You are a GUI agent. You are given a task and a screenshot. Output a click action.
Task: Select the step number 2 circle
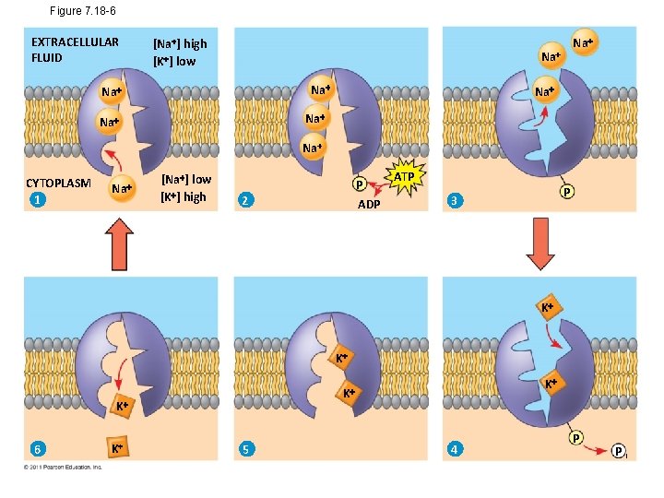(x=243, y=201)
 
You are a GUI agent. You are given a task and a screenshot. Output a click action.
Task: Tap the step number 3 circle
(x=453, y=201)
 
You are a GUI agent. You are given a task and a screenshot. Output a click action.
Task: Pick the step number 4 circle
(x=453, y=449)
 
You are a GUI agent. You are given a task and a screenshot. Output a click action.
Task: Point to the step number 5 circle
(x=244, y=449)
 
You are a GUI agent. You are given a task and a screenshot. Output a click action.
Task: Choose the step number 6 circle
(x=36, y=449)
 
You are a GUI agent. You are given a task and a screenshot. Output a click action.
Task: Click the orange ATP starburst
(x=404, y=176)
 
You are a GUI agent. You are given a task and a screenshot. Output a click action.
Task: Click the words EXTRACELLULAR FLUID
(x=74, y=50)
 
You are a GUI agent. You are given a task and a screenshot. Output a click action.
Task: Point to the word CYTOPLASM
(x=58, y=183)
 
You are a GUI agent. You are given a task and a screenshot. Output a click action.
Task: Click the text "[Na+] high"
(x=180, y=43)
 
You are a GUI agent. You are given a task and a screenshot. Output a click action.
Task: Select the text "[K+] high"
(x=184, y=196)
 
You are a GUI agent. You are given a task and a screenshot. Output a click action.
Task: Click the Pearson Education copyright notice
(x=63, y=467)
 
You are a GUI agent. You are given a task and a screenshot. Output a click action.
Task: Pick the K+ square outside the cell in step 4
(x=547, y=307)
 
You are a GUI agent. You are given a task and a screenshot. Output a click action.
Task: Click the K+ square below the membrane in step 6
(x=116, y=448)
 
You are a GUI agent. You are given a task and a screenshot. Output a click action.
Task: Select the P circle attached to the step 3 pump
(x=567, y=193)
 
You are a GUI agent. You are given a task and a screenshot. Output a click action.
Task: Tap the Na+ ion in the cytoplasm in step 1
(x=121, y=189)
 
